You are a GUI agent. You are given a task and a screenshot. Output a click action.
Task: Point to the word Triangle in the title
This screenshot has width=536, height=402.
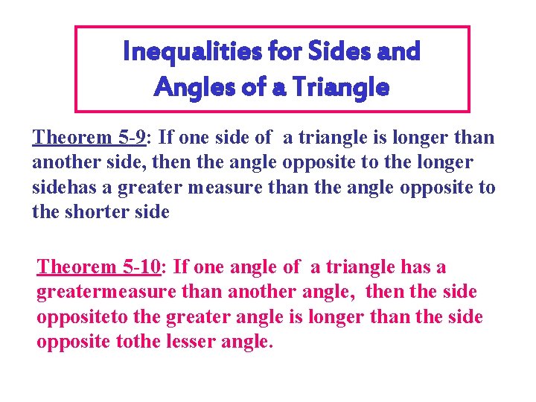click(x=339, y=88)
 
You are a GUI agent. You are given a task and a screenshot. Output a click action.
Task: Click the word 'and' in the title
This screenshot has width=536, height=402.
click(x=398, y=51)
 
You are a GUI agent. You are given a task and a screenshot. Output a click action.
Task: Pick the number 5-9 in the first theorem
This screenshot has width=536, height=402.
click(x=137, y=138)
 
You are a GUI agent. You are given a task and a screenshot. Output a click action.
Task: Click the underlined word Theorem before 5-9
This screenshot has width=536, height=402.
click(x=73, y=138)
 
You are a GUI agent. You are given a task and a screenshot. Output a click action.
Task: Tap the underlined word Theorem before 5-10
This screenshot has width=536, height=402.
click(x=77, y=267)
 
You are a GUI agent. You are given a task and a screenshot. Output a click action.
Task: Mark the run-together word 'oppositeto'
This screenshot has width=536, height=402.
click(x=83, y=318)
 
